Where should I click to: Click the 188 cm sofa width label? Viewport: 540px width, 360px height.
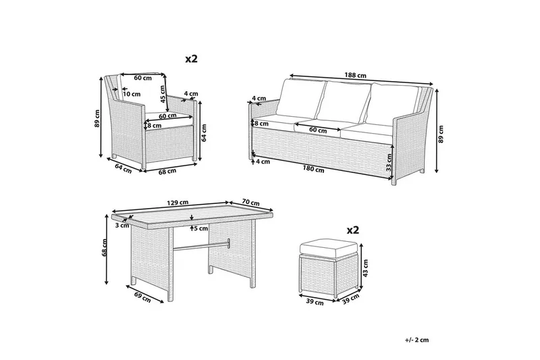point(356,75)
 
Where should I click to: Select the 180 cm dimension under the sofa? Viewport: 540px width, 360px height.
point(313,169)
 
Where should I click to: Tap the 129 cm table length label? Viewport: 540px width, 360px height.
point(178,202)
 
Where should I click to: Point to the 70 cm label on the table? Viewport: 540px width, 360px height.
point(250,203)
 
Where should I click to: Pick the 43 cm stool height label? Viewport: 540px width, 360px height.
point(365,268)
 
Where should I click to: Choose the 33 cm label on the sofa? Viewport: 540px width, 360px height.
point(389,163)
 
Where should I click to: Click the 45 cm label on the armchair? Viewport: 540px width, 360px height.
point(163,94)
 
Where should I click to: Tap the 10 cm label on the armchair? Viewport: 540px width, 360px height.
point(132,94)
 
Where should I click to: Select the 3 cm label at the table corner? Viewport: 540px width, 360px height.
point(122,226)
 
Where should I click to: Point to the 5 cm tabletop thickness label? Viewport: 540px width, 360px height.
point(201,228)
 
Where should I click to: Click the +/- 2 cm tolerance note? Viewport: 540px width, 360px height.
point(416,340)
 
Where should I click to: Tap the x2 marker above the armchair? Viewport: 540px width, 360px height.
point(192,59)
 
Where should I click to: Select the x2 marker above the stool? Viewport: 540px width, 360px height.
point(353,230)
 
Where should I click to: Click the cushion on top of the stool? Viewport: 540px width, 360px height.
point(328,249)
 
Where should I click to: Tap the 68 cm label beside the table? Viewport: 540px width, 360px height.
point(105,247)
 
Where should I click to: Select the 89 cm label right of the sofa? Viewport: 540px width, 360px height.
point(441,134)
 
